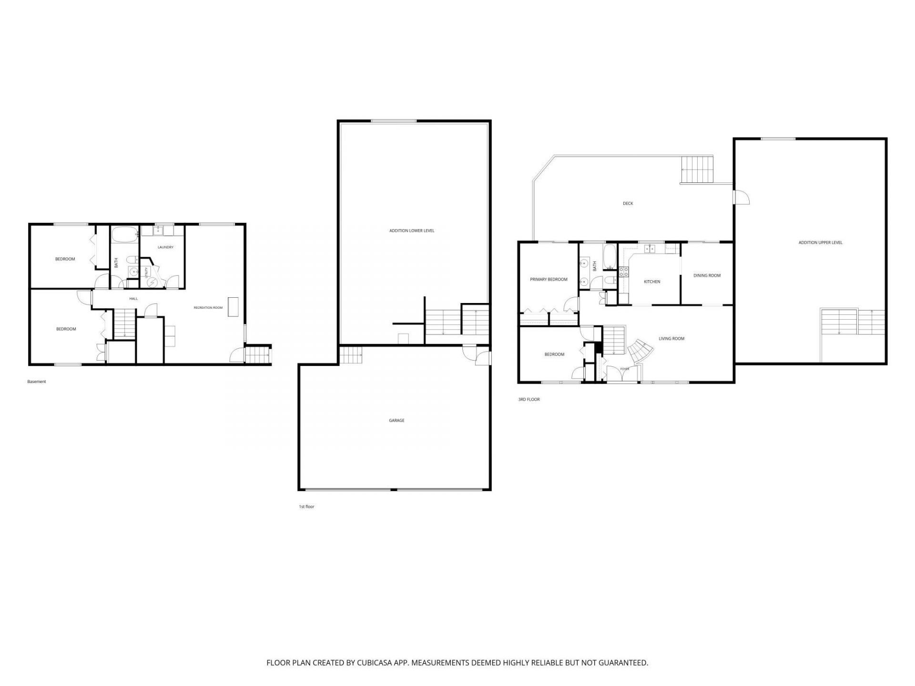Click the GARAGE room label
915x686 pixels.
point(396,421)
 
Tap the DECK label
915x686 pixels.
point(628,203)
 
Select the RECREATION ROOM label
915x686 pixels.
point(208,308)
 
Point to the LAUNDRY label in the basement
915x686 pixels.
point(166,247)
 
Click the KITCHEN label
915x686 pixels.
point(652,282)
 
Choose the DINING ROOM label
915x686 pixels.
point(707,275)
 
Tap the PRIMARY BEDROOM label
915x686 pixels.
point(549,279)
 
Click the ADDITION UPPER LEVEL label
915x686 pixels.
point(821,242)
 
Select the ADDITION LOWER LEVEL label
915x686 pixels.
point(412,231)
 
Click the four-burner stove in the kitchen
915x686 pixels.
point(624,272)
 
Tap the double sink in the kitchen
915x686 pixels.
point(650,249)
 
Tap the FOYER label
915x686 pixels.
point(624,369)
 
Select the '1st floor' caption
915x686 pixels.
point(306,506)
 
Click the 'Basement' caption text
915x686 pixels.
point(37,382)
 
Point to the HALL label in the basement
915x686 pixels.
point(133,299)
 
